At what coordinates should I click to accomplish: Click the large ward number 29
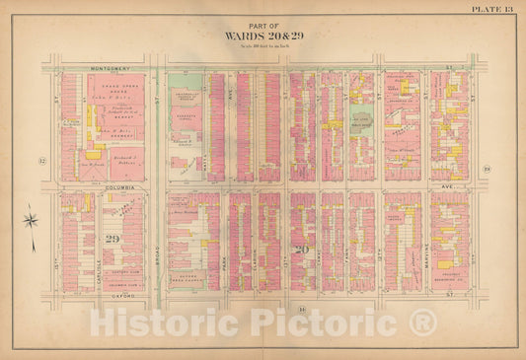click(x=112, y=238)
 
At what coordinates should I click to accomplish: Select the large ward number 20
click(x=302, y=251)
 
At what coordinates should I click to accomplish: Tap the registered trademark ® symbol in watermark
click(x=423, y=323)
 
